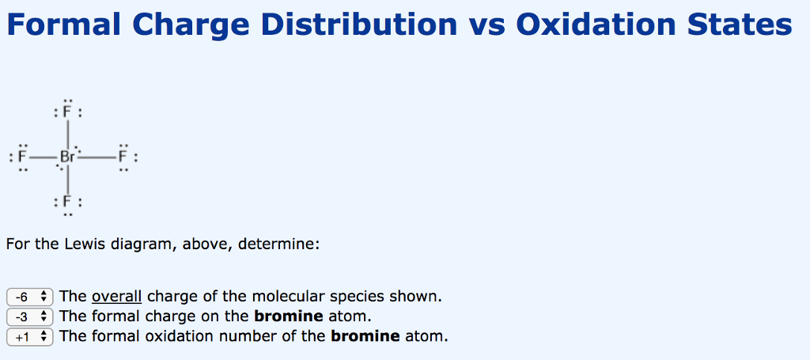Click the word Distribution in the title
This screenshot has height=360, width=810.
click(x=358, y=25)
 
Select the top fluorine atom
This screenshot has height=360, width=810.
click(x=68, y=113)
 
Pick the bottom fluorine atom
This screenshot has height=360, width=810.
click(x=68, y=202)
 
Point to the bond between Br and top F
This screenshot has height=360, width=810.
click(x=68, y=133)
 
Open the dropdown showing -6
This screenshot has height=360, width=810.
click(x=30, y=297)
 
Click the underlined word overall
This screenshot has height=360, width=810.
click(x=117, y=297)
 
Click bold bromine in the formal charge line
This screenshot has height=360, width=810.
click(x=289, y=316)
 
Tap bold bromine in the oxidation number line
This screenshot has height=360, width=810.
click(x=365, y=336)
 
